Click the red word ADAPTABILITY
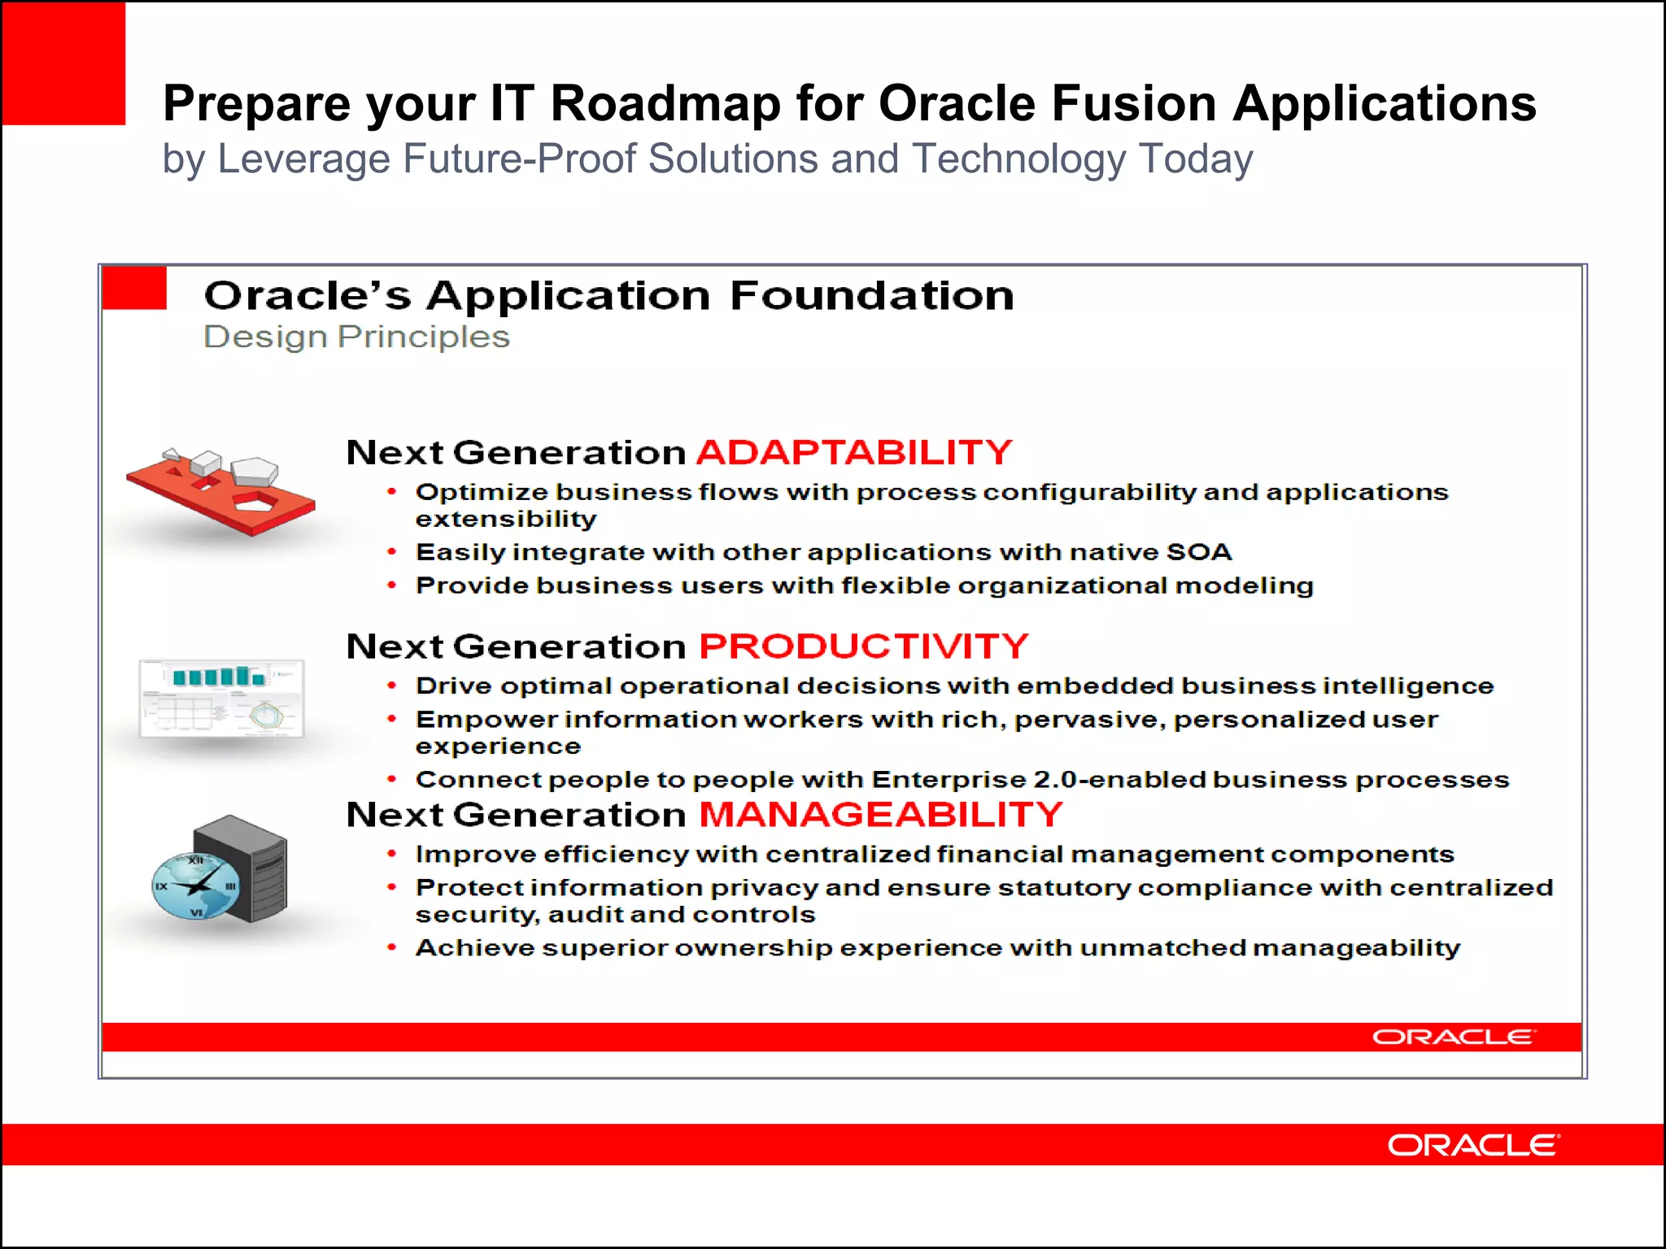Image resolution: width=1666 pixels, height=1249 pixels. [x=854, y=452]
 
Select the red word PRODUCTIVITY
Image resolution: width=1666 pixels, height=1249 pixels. [x=864, y=646]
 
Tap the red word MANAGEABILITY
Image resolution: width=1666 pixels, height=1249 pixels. [x=881, y=815]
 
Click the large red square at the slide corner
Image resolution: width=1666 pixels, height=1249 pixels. [x=63, y=63]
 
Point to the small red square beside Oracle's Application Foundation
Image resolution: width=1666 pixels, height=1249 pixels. [x=134, y=288]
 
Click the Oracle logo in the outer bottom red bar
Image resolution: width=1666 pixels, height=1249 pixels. [x=1473, y=1145]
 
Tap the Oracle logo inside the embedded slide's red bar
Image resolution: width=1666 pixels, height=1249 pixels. [x=1453, y=1037]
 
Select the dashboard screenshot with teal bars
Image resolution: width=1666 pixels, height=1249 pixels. [x=221, y=698]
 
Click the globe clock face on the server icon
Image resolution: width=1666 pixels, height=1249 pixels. [x=195, y=886]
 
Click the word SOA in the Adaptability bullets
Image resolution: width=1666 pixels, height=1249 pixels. [x=1199, y=552]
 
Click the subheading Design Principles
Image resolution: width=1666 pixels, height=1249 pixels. [x=356, y=337]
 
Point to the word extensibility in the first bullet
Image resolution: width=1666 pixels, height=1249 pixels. [x=506, y=519]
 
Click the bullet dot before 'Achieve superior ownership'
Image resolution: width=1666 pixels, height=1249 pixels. [x=392, y=947]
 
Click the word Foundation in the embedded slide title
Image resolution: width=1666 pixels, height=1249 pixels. [x=871, y=295]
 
